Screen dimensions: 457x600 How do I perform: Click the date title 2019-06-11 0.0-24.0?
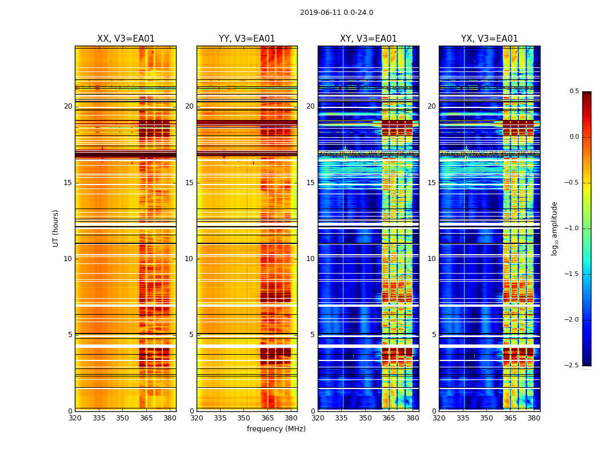[x=337, y=13]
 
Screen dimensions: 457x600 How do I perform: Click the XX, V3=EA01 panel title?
[x=126, y=39]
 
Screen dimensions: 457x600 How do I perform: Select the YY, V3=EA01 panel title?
[x=247, y=39]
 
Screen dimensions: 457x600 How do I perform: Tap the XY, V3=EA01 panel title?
[x=368, y=39]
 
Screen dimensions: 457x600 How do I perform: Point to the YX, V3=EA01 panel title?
[x=489, y=39]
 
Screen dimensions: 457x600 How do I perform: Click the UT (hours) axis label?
[x=55, y=228]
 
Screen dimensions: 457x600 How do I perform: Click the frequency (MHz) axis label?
[x=276, y=429]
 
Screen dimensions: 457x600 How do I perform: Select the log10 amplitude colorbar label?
[x=554, y=228]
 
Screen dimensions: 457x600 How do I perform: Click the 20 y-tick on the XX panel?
[x=68, y=106]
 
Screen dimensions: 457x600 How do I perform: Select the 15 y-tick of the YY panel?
[x=189, y=183]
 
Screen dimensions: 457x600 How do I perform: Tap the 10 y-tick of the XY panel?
[x=310, y=259]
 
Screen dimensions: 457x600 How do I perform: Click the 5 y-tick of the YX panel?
[x=434, y=335]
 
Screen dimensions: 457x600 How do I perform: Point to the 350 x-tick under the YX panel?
[x=486, y=418]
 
